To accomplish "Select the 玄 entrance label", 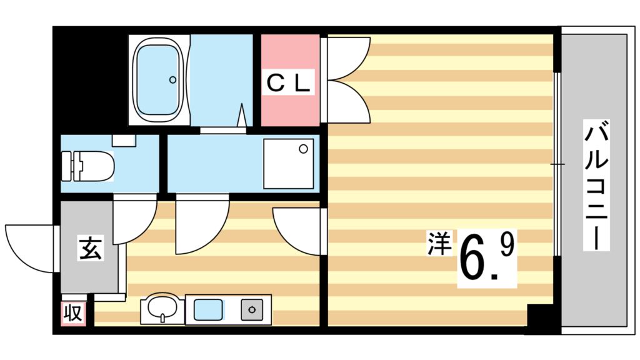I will (x=89, y=249).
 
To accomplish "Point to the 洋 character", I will (x=439, y=243).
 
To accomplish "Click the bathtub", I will (x=159, y=79).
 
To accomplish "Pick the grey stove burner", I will (x=253, y=309).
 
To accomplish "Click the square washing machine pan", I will (x=288, y=163).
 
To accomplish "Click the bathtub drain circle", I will (x=174, y=79).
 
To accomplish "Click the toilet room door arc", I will (x=134, y=219).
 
